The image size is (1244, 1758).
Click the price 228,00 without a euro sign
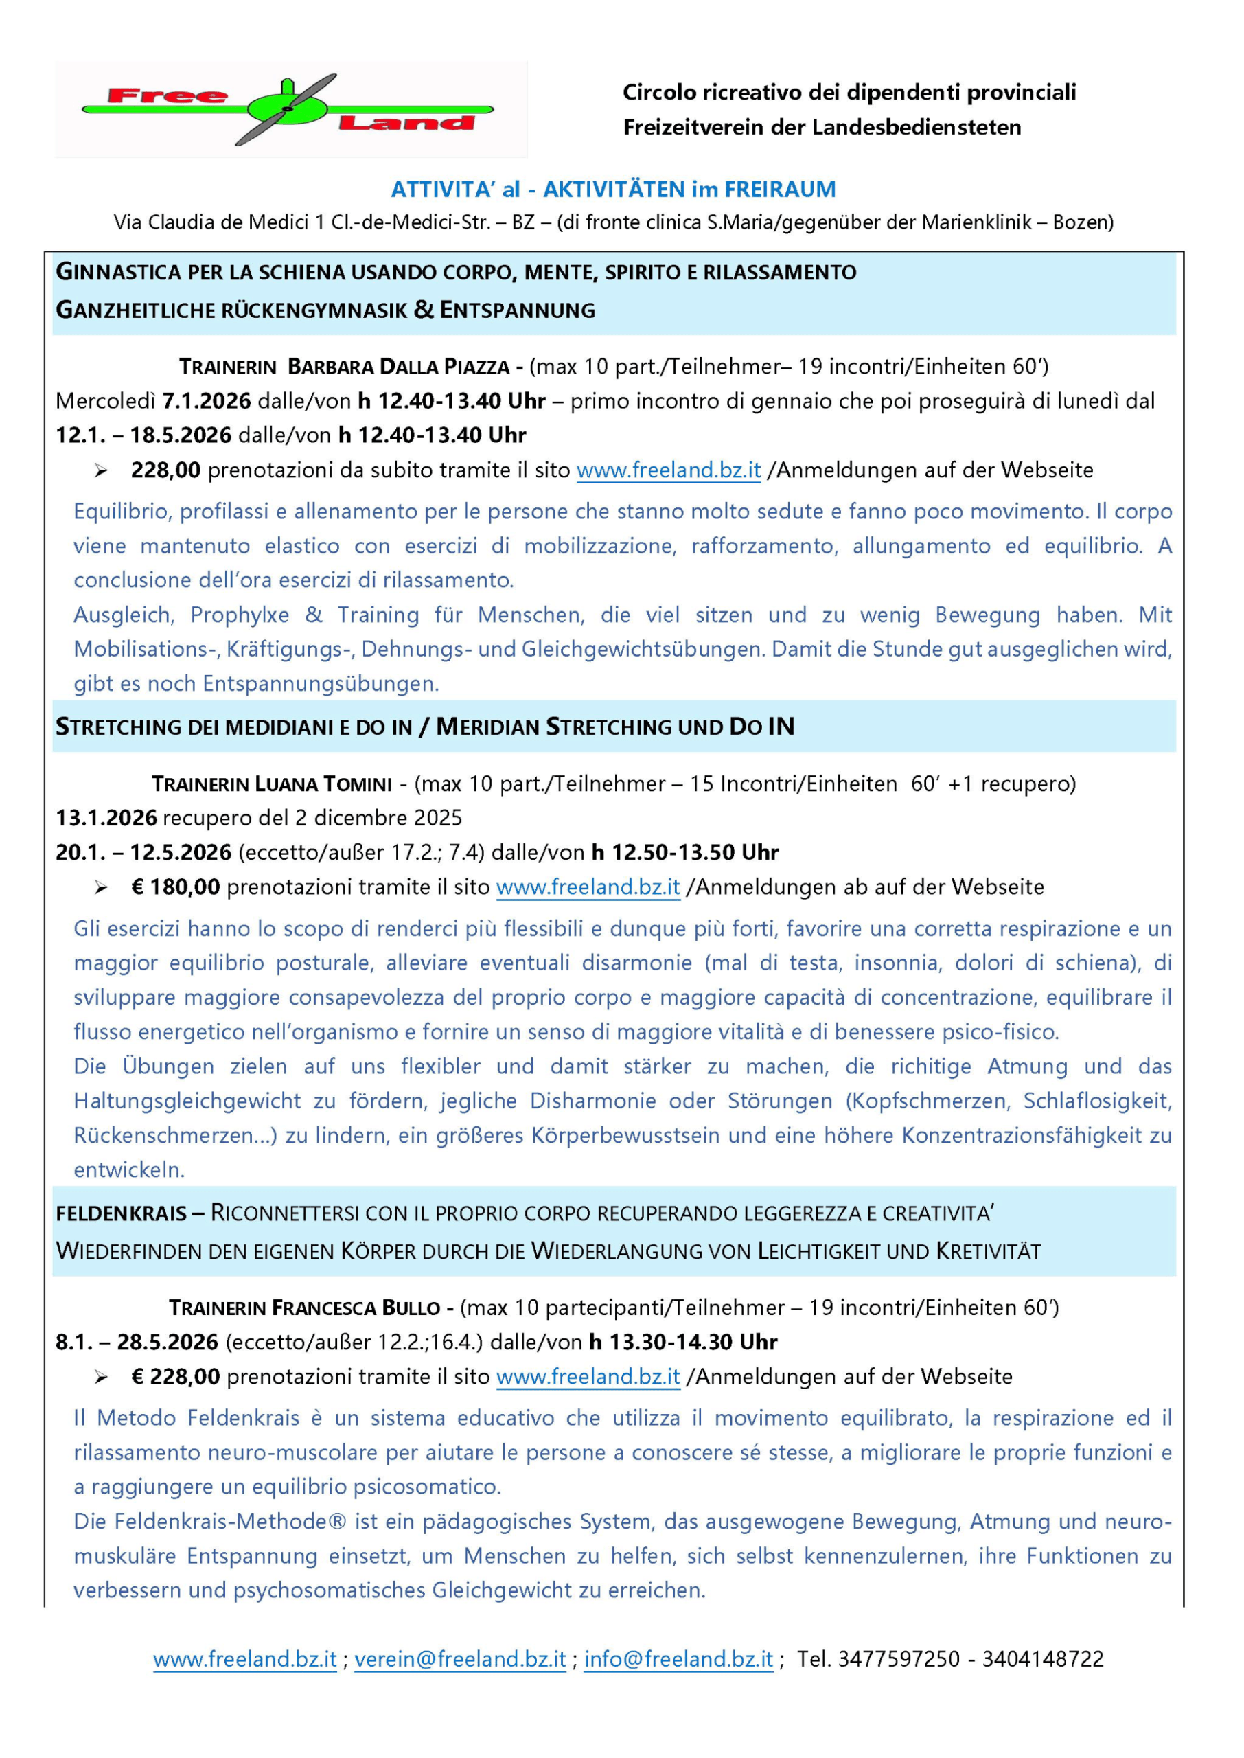click(165, 470)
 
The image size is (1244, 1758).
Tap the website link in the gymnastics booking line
click(668, 470)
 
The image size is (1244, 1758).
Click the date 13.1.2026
click(106, 818)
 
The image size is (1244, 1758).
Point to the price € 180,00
click(176, 887)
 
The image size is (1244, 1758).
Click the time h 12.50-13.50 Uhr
click(684, 853)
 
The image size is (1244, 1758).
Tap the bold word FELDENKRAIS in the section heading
click(121, 1213)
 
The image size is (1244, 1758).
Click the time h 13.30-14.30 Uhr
click(682, 1342)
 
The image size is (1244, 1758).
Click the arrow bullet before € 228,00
click(101, 1378)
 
